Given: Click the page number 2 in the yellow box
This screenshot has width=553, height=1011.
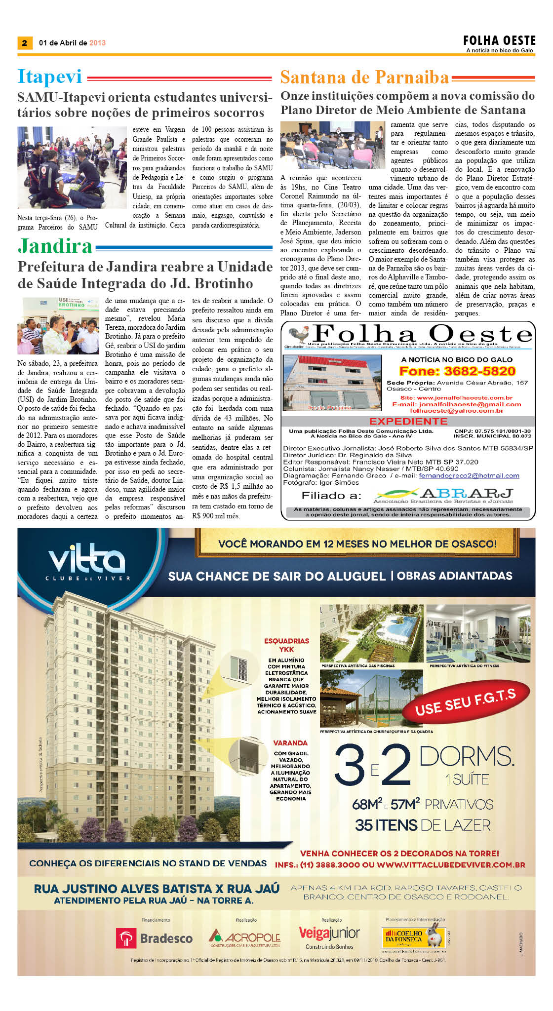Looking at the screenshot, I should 24,43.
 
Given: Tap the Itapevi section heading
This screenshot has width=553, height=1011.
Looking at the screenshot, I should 49,77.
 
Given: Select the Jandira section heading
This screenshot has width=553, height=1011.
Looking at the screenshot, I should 55,246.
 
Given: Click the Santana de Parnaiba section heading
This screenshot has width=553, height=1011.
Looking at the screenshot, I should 364,78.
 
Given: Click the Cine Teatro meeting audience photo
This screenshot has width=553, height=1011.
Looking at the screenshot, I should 332,145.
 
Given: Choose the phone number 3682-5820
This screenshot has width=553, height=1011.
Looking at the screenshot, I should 457,371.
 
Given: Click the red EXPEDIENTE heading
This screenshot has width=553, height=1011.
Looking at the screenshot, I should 408,421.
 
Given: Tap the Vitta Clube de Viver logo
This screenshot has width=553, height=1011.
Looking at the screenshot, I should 88,562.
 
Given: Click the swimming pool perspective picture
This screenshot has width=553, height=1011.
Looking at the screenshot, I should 371,633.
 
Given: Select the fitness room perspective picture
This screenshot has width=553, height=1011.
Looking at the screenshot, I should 478,633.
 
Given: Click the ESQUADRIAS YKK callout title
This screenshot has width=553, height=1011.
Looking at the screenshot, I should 286,645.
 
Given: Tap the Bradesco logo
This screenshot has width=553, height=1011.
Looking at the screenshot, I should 154,938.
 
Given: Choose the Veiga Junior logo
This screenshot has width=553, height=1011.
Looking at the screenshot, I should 329,934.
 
